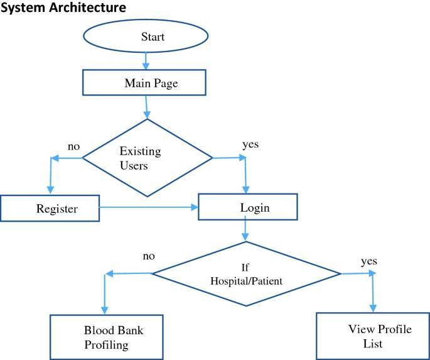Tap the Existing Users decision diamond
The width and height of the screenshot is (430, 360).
(x=148, y=158)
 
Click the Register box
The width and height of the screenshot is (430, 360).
(x=50, y=208)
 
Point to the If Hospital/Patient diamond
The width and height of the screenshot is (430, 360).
(x=247, y=274)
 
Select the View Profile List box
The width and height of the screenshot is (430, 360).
(x=372, y=336)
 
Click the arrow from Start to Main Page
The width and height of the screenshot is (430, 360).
(x=146, y=61)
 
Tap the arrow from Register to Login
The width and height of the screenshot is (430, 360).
(x=149, y=206)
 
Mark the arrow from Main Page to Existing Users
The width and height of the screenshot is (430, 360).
(x=147, y=107)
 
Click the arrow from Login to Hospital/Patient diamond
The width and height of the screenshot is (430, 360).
(x=245, y=231)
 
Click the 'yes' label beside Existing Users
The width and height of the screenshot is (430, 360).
(x=250, y=145)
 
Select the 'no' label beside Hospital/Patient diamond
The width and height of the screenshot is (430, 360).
(x=148, y=256)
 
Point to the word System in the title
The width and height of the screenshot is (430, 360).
(x=21, y=8)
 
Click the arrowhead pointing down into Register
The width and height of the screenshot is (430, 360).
(x=50, y=190)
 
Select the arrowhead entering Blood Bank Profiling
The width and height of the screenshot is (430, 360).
(x=105, y=309)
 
